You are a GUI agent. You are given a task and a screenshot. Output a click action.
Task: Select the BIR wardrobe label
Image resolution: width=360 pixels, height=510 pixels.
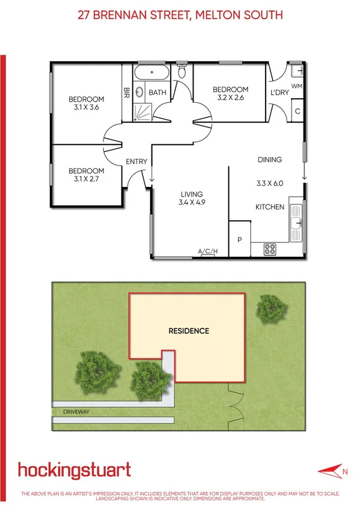click(127, 93)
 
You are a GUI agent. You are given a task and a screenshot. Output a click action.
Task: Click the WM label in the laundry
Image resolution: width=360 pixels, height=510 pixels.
click(296, 86)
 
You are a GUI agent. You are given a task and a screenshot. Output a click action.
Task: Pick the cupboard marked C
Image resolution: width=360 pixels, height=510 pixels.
click(297, 110)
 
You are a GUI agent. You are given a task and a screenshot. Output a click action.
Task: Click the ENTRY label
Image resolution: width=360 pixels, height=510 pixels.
click(136, 161)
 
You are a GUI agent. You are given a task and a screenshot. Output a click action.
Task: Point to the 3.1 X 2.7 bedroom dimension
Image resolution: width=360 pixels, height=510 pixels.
click(86, 178)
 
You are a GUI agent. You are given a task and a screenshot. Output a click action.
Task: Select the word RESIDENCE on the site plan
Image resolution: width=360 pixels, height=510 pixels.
click(189, 331)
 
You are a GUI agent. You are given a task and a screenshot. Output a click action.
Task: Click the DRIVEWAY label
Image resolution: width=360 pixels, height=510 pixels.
click(76, 412)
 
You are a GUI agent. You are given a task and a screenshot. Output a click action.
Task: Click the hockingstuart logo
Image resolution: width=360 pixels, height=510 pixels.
click(75, 469)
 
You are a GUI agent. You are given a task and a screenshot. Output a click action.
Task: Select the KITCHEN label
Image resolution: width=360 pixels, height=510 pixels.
click(270, 207)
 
